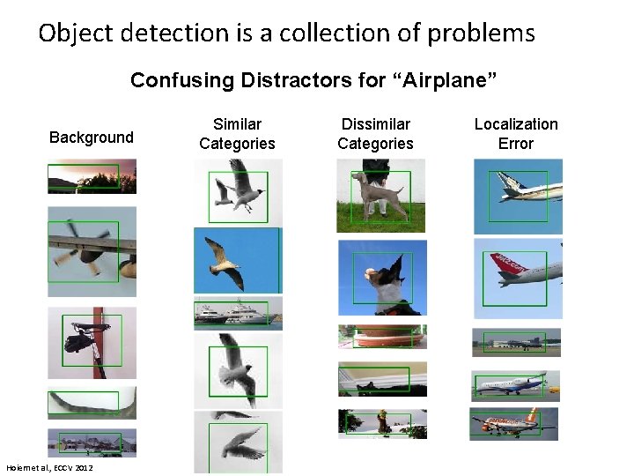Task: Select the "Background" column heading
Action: click(x=92, y=138)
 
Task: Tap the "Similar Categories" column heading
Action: click(x=237, y=134)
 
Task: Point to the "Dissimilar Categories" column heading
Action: click(x=375, y=134)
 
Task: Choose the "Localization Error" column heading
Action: click(x=516, y=134)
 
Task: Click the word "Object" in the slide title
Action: click(x=77, y=33)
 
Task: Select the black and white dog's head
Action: click(x=384, y=280)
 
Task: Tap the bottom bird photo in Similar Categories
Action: click(x=238, y=443)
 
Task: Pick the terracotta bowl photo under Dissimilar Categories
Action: click(x=382, y=336)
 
